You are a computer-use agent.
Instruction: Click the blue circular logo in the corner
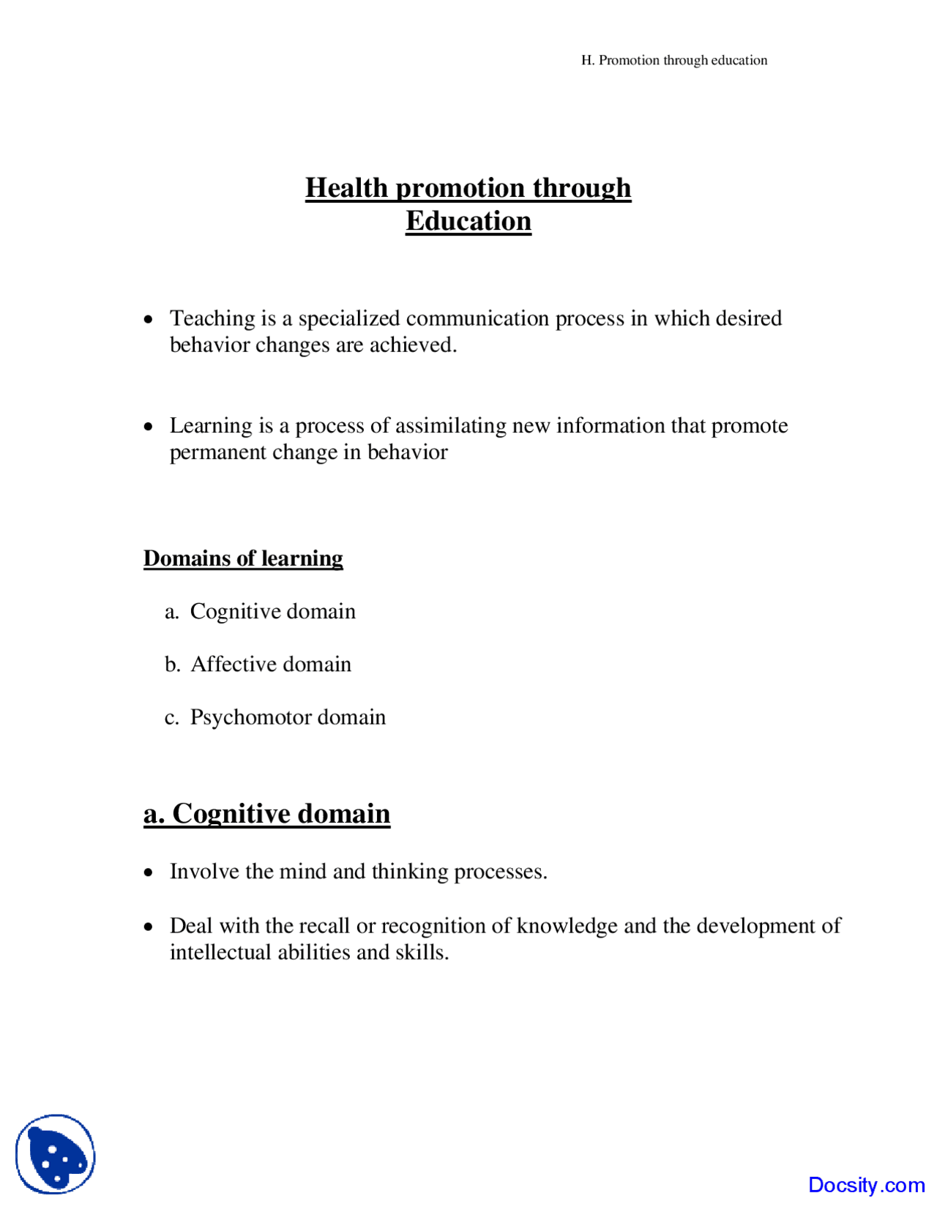(x=56, y=1153)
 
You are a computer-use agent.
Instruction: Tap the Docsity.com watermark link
(x=866, y=1184)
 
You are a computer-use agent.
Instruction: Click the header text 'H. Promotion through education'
(x=674, y=60)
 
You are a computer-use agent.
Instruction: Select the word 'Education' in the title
(x=468, y=221)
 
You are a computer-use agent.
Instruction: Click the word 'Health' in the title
(x=346, y=188)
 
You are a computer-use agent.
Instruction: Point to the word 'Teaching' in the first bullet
(x=212, y=318)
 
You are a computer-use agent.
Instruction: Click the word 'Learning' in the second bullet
(x=211, y=425)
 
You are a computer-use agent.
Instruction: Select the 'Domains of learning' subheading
(x=243, y=558)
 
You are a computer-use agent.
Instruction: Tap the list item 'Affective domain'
(x=271, y=664)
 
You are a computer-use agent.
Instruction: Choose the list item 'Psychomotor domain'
(x=288, y=717)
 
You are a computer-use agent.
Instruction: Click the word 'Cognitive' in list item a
(x=235, y=611)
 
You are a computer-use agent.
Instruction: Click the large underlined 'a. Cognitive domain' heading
(x=266, y=814)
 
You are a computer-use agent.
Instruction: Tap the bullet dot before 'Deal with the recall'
(x=149, y=927)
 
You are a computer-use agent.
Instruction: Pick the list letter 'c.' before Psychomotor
(x=172, y=717)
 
